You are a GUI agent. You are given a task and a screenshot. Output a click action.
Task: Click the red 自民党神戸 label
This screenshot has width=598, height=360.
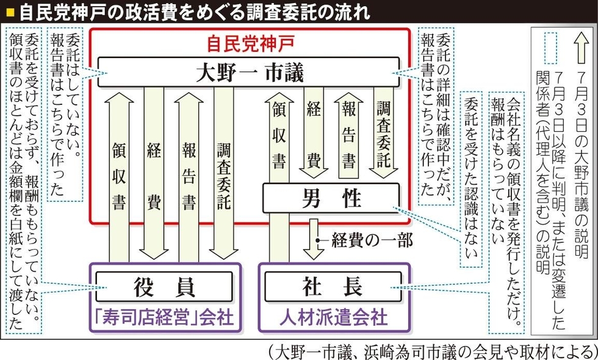[251, 43]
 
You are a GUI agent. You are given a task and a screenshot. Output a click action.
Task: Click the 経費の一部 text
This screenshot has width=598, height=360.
[372, 240]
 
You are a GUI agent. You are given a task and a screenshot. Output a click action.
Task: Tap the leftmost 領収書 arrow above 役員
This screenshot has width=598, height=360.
[120, 174]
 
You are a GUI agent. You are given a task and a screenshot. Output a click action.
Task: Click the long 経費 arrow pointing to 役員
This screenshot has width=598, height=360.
[154, 174]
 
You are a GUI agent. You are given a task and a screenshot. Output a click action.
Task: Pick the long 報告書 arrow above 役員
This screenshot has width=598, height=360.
[189, 174]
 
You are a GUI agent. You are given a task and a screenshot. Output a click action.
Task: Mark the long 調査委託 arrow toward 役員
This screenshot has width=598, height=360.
[223, 174]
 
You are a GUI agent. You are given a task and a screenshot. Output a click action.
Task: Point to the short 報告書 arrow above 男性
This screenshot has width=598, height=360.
[348, 134]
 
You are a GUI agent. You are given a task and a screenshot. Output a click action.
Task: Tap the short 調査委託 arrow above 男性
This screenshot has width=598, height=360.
[383, 134]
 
